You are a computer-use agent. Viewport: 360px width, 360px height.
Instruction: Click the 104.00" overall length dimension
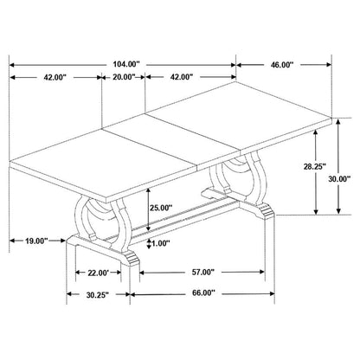click(126, 64)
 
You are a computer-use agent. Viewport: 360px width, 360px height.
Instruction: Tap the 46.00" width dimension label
click(282, 65)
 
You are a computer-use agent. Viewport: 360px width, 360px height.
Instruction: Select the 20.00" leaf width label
click(124, 77)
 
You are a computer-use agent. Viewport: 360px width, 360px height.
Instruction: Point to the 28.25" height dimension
click(315, 166)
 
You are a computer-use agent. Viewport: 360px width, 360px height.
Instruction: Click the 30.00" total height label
click(339, 179)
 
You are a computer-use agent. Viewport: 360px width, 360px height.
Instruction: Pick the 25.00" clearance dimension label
click(161, 207)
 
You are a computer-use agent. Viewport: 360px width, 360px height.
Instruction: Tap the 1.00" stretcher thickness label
click(159, 244)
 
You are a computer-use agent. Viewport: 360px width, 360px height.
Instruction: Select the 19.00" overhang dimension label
click(36, 241)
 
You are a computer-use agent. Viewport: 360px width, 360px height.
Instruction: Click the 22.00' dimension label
click(99, 273)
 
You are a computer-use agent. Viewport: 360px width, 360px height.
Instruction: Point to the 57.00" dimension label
click(202, 272)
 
